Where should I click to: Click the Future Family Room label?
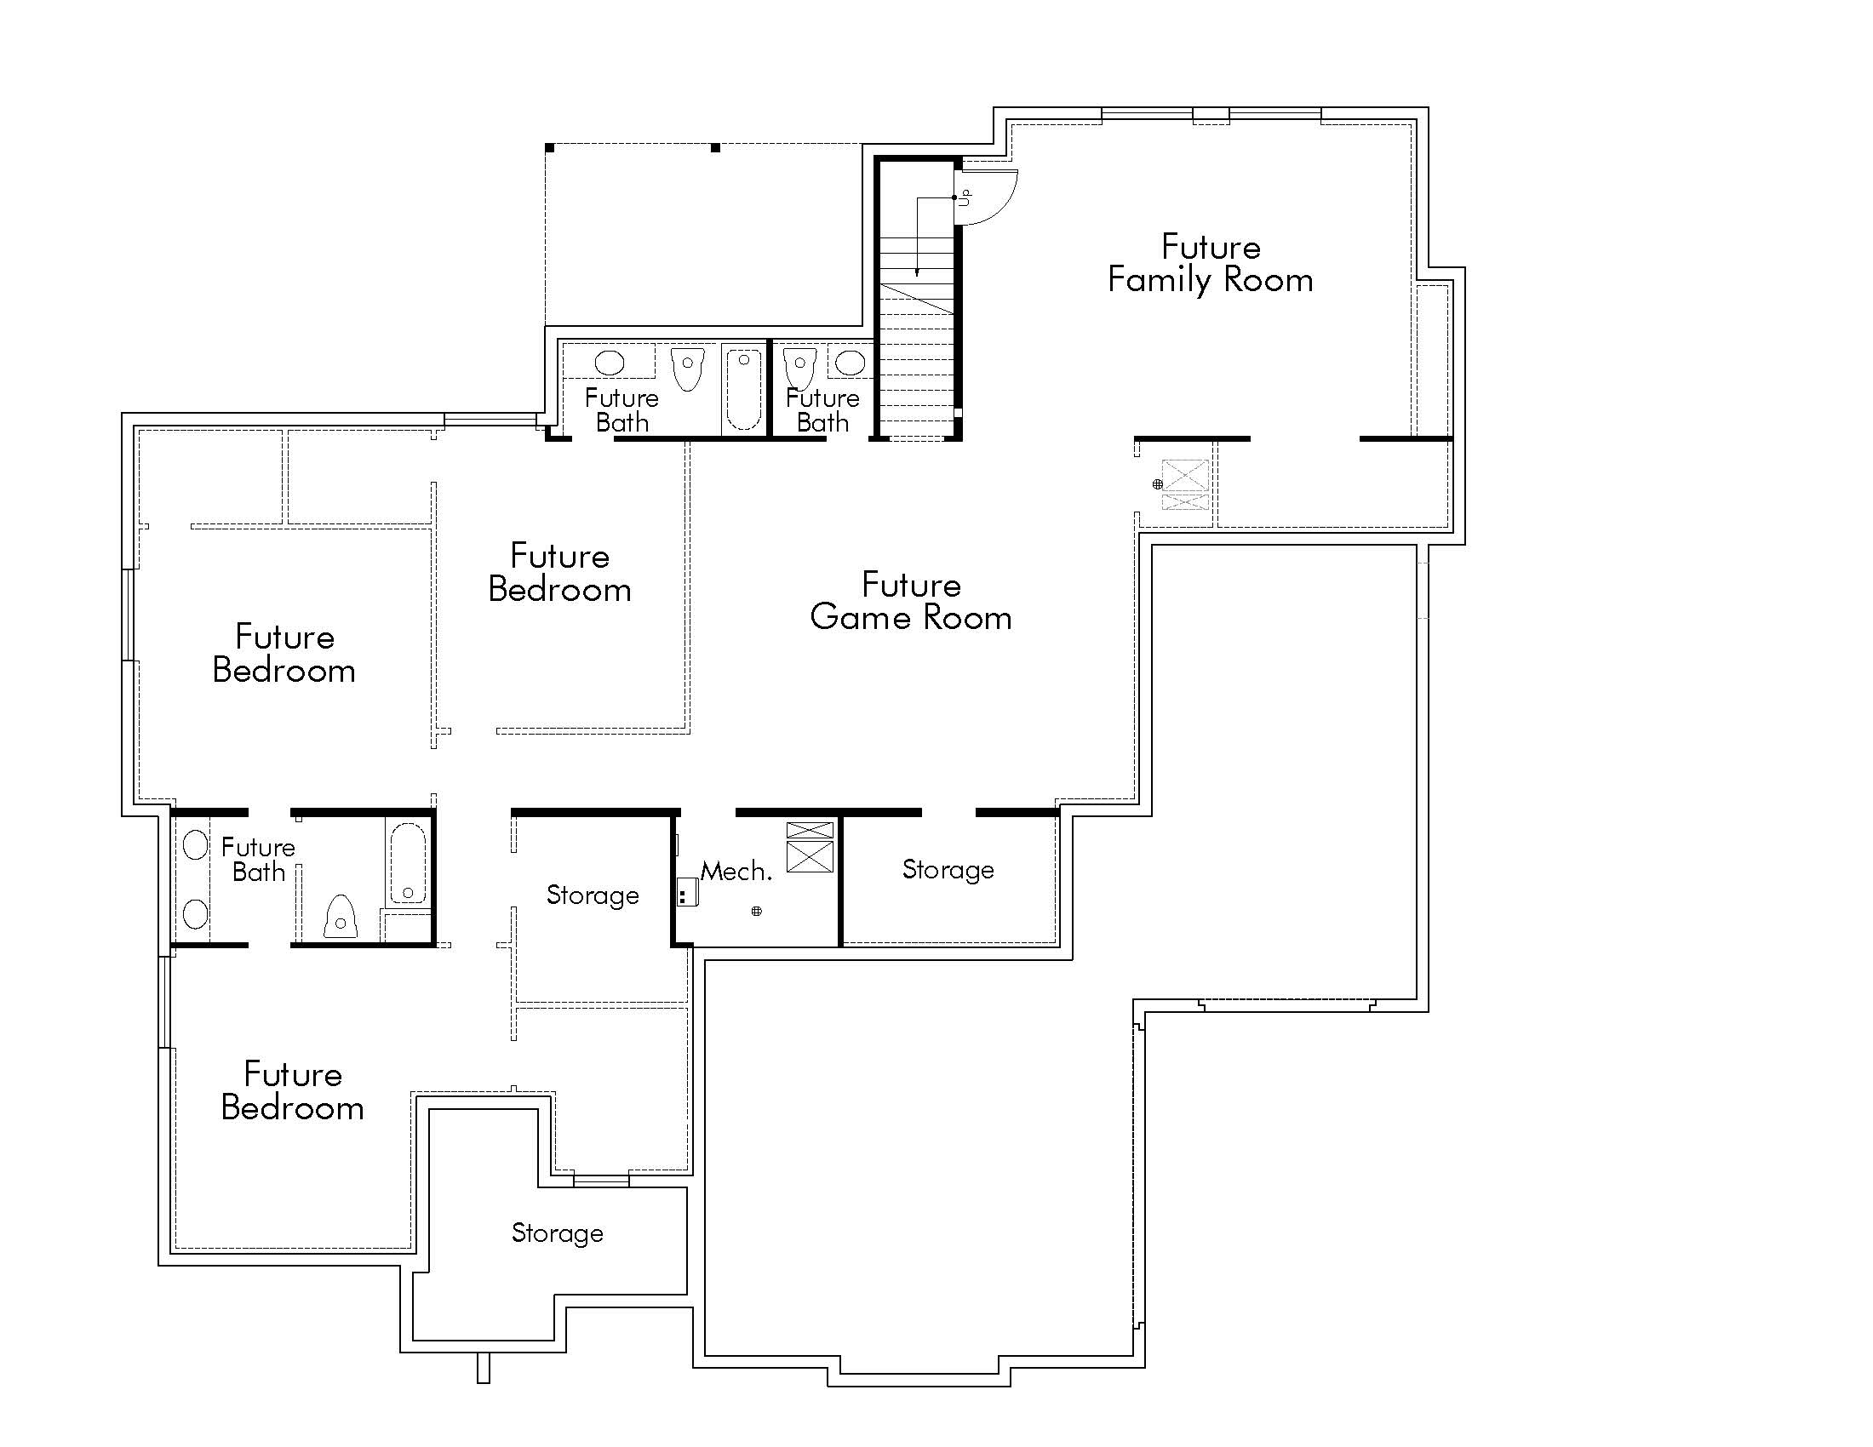point(1210,264)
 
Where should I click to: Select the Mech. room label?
point(736,872)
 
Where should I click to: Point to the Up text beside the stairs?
point(966,197)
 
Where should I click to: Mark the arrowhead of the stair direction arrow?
point(917,272)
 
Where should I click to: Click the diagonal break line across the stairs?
point(917,298)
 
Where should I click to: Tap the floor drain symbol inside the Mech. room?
point(756,912)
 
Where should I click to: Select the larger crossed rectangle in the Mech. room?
point(810,856)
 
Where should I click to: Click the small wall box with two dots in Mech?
point(686,892)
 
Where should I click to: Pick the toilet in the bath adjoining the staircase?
point(800,367)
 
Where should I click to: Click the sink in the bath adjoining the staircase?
point(851,363)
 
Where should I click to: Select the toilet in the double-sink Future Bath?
point(341,918)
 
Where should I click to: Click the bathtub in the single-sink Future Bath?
point(743,388)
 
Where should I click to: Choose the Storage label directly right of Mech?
point(948,870)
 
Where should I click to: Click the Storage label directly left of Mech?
point(593,895)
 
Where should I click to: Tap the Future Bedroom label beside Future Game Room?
point(559,573)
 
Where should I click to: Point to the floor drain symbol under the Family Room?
point(1157,484)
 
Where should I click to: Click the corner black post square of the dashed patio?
point(549,148)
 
